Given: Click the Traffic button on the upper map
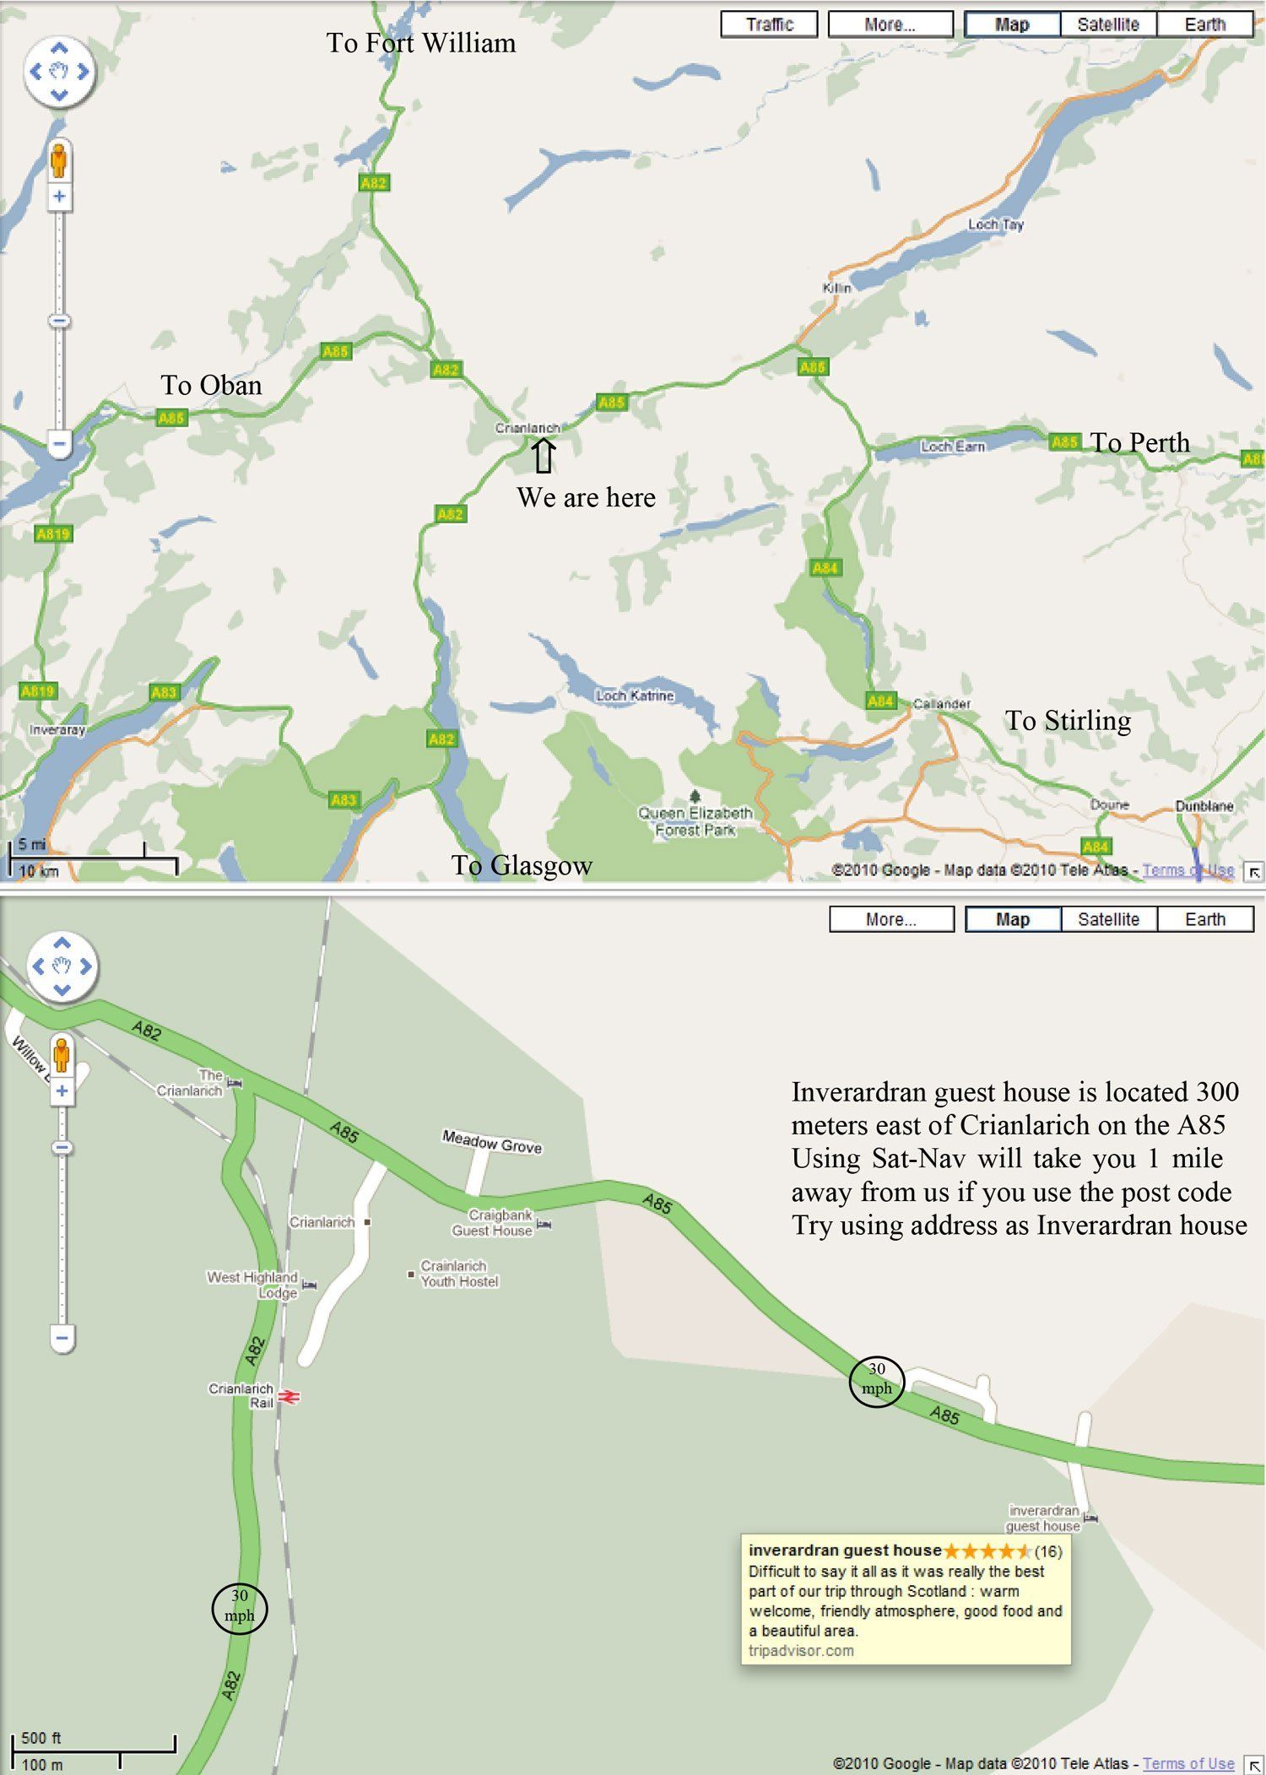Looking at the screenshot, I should [x=769, y=24].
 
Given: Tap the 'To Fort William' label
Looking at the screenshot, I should [x=420, y=43].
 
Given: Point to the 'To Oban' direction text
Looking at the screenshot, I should [x=211, y=386].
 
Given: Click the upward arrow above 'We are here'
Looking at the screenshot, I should [x=544, y=456].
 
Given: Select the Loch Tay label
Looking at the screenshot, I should [x=995, y=225].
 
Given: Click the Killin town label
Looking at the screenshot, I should [x=836, y=288].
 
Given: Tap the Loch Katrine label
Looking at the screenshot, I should [x=635, y=695].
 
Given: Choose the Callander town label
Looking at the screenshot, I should [x=942, y=704].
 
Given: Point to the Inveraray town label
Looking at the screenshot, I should [x=57, y=730].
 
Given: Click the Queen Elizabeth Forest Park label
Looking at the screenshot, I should [x=695, y=821].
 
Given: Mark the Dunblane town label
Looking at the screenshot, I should [x=1204, y=806].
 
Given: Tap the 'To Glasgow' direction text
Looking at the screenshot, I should [x=522, y=865].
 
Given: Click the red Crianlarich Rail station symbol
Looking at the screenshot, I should [x=289, y=1398].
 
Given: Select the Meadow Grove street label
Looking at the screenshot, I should [x=492, y=1143].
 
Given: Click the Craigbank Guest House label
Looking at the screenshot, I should [x=493, y=1223].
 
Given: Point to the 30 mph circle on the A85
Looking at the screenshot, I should [x=877, y=1383].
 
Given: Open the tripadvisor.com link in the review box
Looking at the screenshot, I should [x=801, y=1650].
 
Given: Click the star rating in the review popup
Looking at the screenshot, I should [x=987, y=1550].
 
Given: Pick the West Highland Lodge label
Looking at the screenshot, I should [x=253, y=1285].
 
